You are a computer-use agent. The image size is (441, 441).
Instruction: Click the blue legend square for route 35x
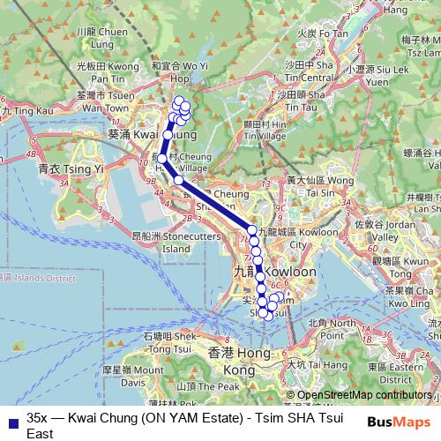(x=11, y=422)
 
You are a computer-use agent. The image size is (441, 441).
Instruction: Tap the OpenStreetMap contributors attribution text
(x=364, y=395)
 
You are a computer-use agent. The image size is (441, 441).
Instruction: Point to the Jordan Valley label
(x=389, y=231)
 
